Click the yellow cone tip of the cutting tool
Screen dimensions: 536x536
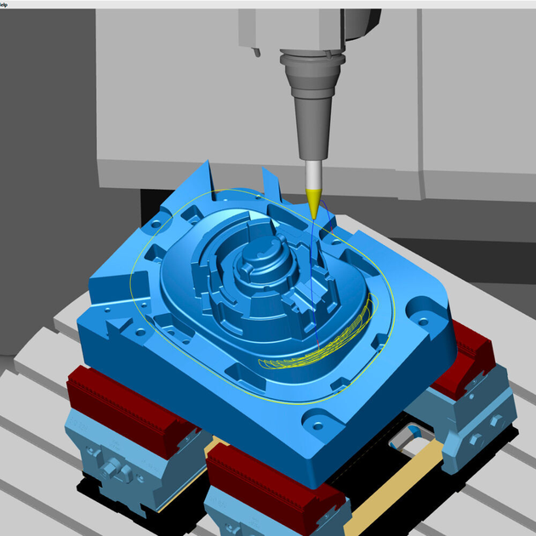(x=313, y=203)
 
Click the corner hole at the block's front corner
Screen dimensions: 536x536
(x=316, y=420)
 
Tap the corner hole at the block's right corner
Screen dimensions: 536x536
(x=423, y=321)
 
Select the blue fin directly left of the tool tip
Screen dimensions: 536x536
(x=271, y=183)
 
